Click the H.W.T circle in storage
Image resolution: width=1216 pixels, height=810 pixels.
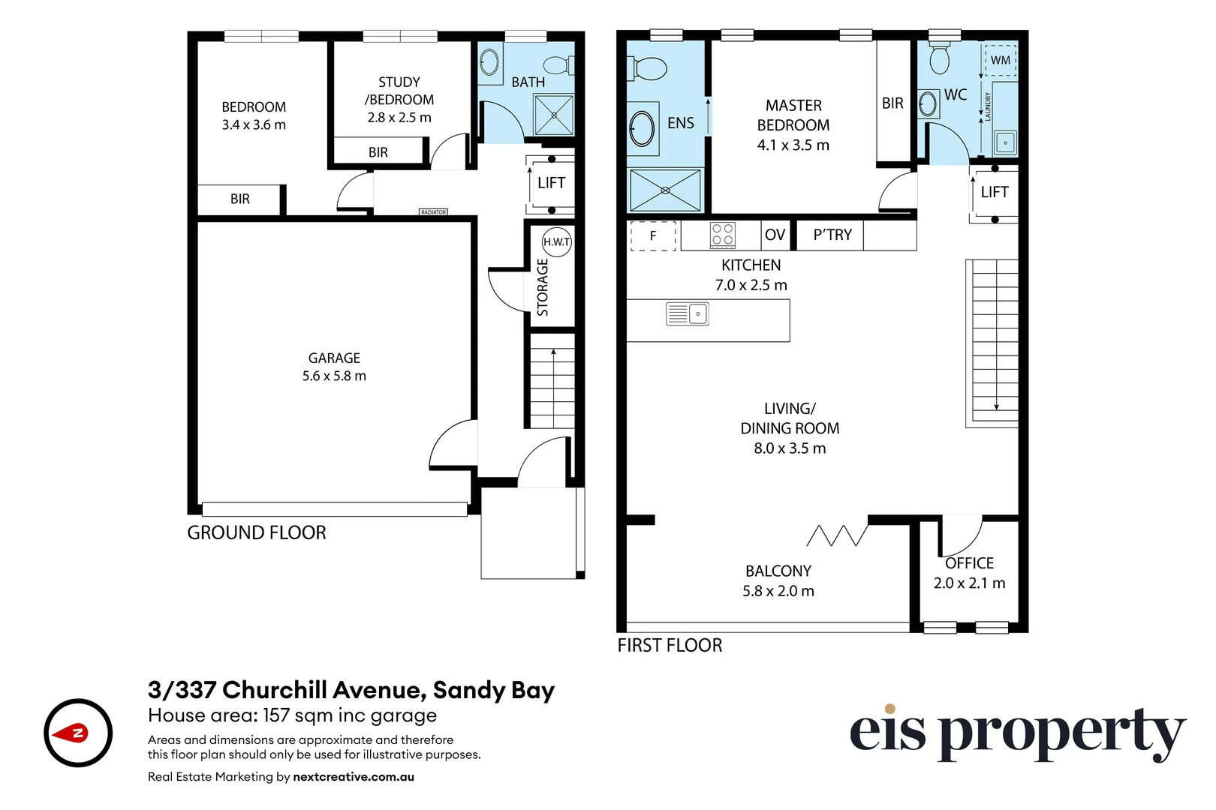[x=556, y=241]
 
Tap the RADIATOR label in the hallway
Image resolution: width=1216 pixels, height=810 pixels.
[x=433, y=212]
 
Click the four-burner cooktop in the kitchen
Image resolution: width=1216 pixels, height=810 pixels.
[x=723, y=235]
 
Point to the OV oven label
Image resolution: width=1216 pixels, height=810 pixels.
[x=775, y=235]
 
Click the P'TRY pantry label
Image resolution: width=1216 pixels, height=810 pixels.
[x=832, y=235]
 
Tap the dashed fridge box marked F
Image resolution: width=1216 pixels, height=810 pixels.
[x=653, y=235]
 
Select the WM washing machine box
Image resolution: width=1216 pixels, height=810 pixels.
[x=1000, y=60]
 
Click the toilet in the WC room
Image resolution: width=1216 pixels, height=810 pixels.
[x=939, y=56]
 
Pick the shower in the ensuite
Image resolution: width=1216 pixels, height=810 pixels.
[x=665, y=190]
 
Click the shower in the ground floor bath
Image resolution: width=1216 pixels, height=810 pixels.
[x=554, y=115]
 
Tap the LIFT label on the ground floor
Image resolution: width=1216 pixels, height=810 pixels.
[x=551, y=183]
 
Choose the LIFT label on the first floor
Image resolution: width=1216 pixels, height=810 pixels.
[x=994, y=192]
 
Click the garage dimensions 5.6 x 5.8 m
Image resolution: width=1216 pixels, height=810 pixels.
[x=334, y=376]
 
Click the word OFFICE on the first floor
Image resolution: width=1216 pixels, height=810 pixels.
[x=969, y=563]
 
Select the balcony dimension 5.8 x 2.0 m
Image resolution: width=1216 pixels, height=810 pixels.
[x=778, y=591]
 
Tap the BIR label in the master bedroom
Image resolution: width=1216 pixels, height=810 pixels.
[x=892, y=103]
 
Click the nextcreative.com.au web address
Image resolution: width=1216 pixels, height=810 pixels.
[x=354, y=777]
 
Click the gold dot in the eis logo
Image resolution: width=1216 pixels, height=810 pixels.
[x=889, y=709]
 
